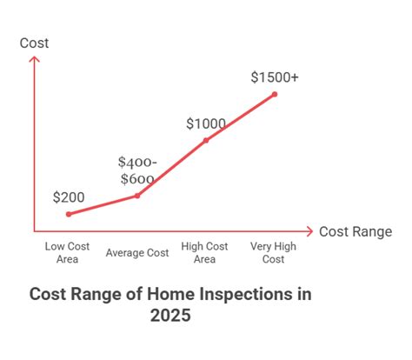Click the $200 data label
click(x=69, y=197)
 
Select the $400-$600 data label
click(x=137, y=170)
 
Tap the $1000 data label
click(x=205, y=123)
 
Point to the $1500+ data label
click(x=275, y=78)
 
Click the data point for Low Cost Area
click(x=69, y=214)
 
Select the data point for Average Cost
click(x=137, y=196)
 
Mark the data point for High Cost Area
click(x=205, y=140)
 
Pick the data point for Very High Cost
click(x=275, y=94)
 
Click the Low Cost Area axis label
click(x=68, y=252)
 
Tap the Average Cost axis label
click(x=137, y=253)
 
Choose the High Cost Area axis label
click(x=205, y=252)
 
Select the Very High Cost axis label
click(x=274, y=252)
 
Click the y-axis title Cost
click(x=35, y=43)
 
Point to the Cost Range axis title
click(x=355, y=231)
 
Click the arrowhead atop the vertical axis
click(x=35, y=59)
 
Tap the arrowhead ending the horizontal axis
click(x=309, y=231)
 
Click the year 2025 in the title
click(x=170, y=317)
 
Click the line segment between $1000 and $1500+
click(x=240, y=117)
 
